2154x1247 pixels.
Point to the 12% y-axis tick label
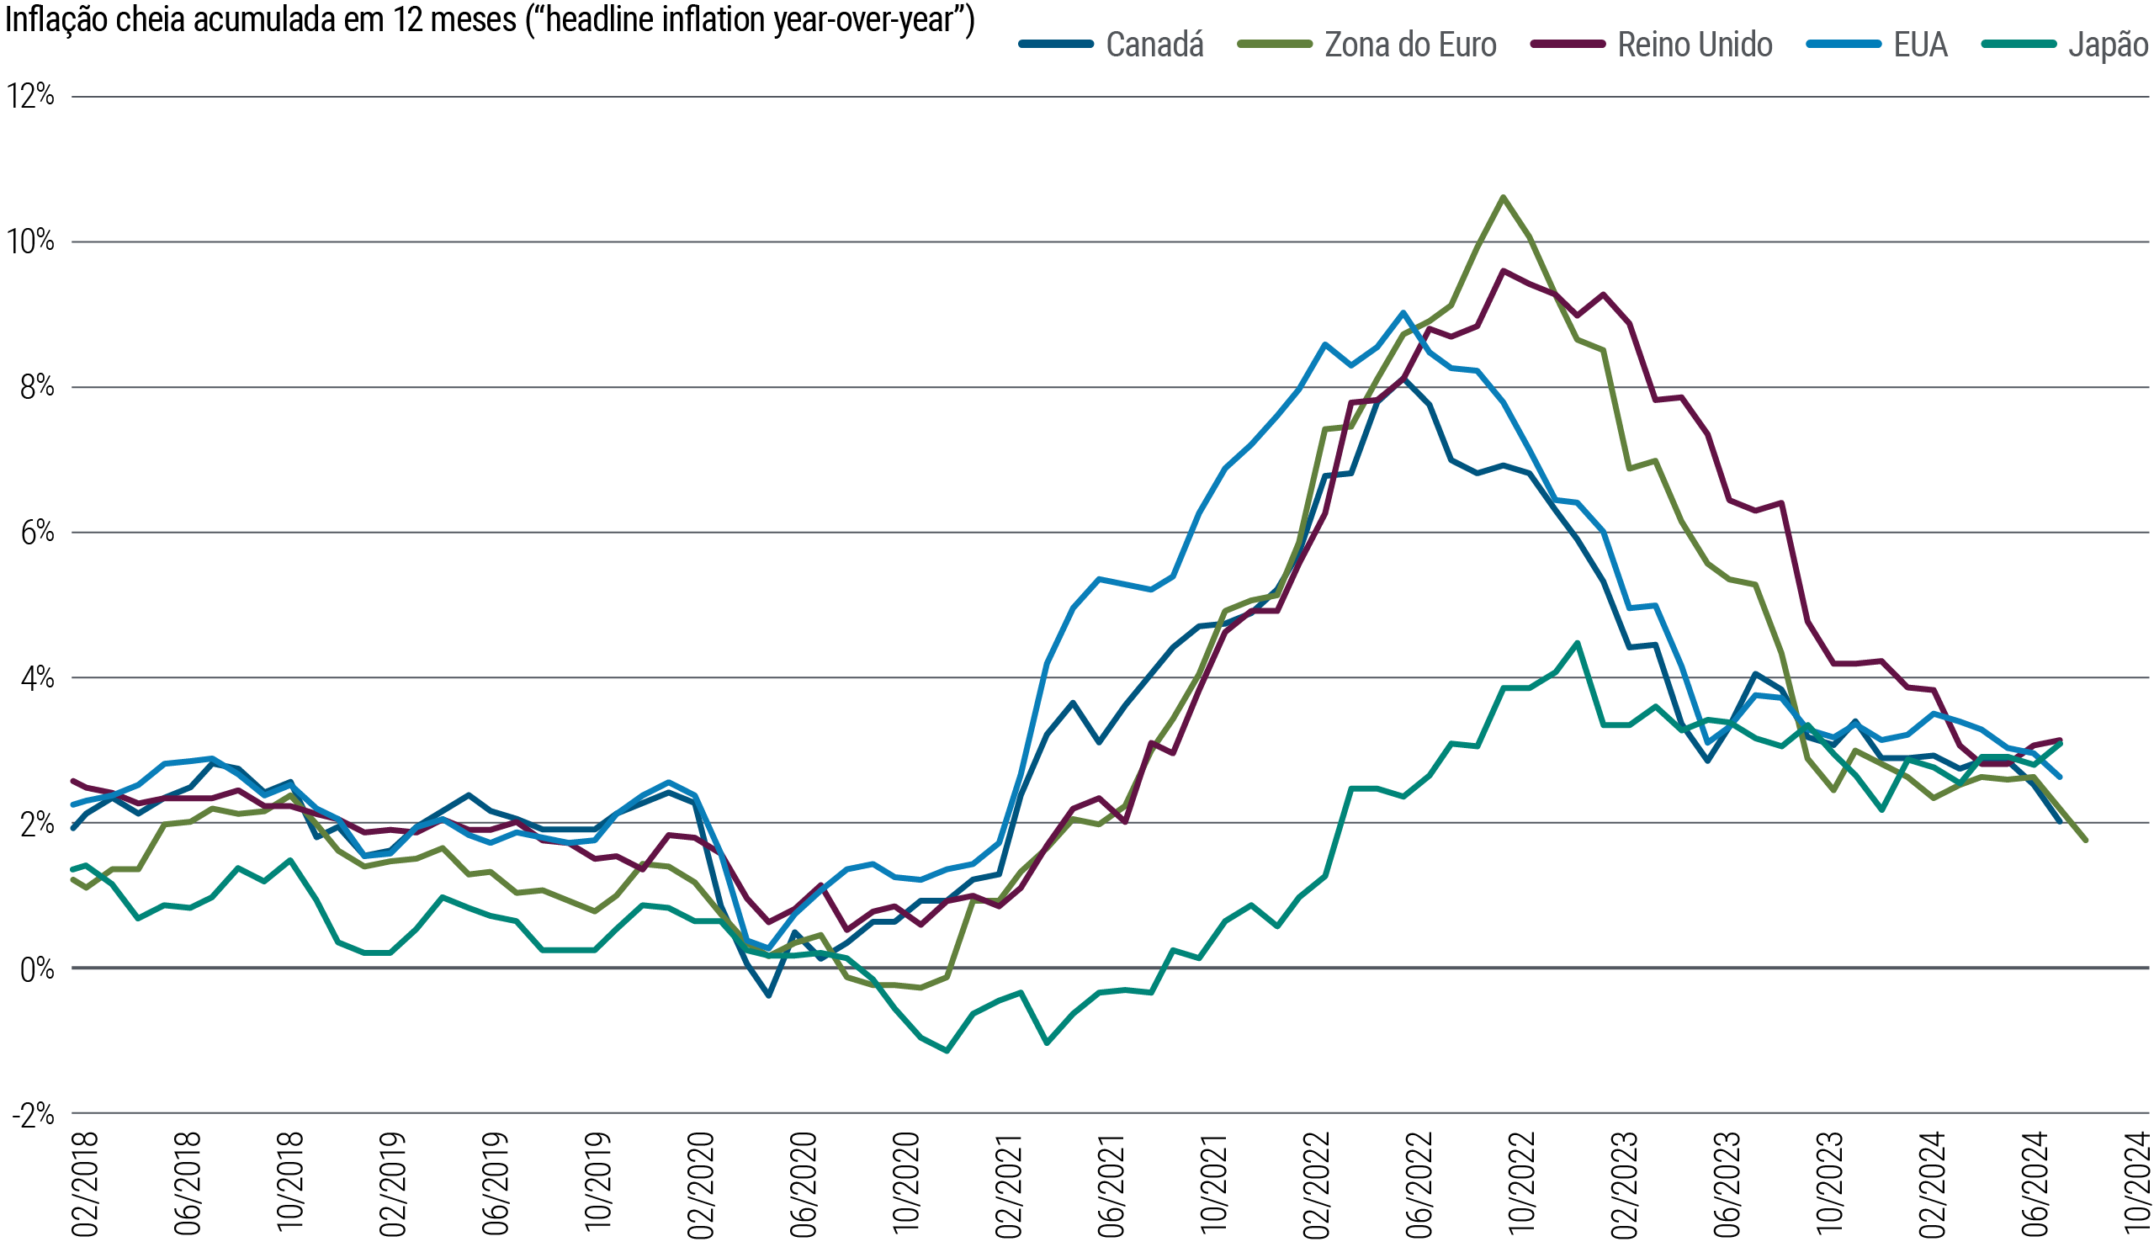pos(31,96)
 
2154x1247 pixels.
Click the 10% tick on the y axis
pos(31,241)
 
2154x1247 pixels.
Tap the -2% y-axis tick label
pos(33,1115)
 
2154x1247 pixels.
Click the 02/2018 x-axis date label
pos(86,1185)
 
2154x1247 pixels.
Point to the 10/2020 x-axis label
pos(906,1185)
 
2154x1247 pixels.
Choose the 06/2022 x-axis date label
pos(1419,1185)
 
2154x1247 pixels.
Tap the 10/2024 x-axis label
pos(2137,1185)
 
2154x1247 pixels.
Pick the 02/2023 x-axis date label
pos(1624,1185)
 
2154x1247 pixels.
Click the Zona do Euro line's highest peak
pos(1503,197)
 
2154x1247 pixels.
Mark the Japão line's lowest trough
pos(947,1050)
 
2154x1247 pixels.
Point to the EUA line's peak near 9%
pos(1403,313)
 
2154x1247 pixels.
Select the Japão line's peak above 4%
pos(1577,643)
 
